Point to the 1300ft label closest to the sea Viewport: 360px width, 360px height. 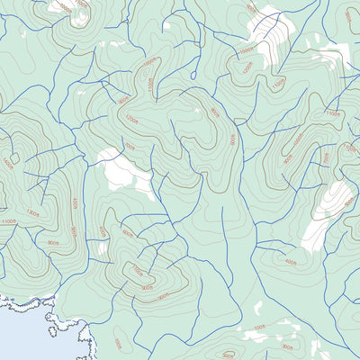pos(33,212)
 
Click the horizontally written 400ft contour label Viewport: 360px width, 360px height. pos(290,262)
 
